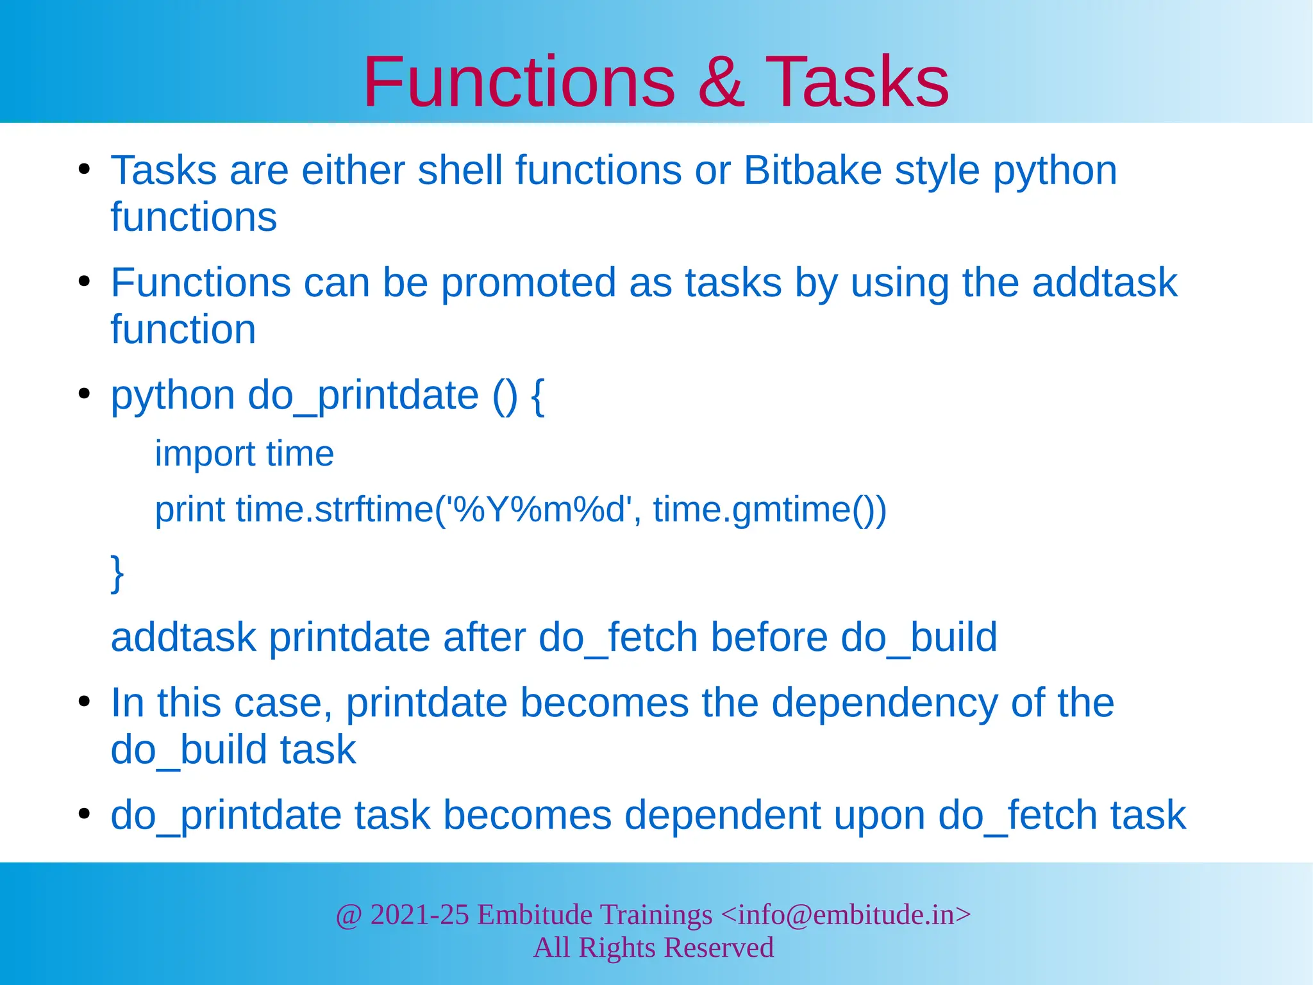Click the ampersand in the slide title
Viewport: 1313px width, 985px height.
[721, 82]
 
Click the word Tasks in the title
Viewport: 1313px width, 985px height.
[857, 82]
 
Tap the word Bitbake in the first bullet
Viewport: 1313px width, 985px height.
[812, 171]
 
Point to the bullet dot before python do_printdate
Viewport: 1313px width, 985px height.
[84, 394]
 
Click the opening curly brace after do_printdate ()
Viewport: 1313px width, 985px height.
[538, 396]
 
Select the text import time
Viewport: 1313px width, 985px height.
[244, 454]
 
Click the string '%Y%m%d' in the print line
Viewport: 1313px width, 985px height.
[540, 510]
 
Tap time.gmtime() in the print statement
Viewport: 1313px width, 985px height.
[769, 510]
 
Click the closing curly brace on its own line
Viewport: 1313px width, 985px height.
[117, 573]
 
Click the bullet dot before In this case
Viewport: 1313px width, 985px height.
[84, 702]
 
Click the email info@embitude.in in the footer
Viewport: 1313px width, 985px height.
[846, 914]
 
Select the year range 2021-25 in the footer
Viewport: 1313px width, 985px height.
[420, 914]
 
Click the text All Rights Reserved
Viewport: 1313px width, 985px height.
[653, 948]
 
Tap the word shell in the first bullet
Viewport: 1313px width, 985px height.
[460, 171]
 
